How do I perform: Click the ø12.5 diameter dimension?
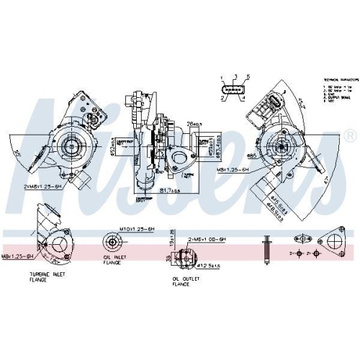coord(210,266)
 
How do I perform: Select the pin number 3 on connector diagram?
coord(235,76)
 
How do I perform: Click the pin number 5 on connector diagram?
coord(248,77)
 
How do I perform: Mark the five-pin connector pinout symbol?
coord(234,93)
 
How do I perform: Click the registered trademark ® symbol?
coord(350,135)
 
